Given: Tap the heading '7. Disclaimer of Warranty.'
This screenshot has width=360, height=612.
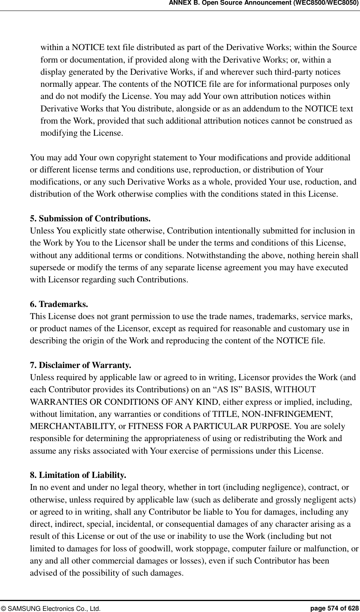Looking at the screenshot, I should [81, 366].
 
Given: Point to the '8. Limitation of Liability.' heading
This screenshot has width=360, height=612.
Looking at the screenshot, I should [78, 475].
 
